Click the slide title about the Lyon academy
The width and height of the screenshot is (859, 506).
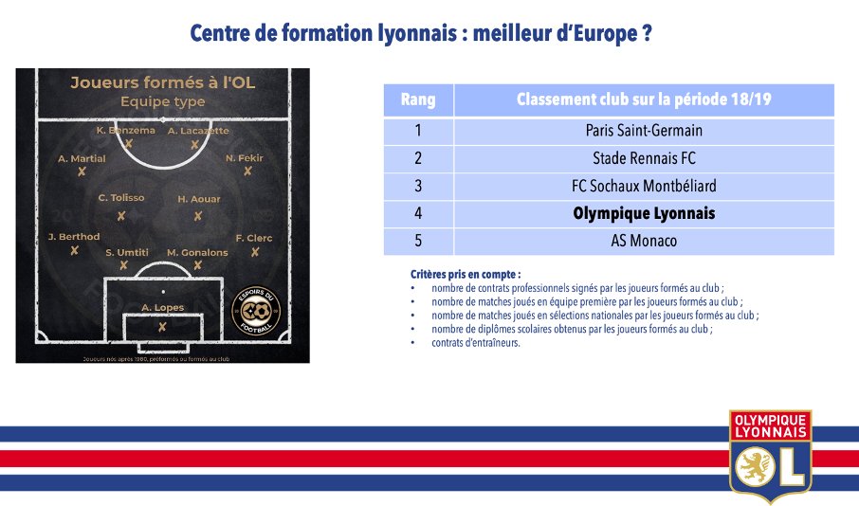tap(421, 33)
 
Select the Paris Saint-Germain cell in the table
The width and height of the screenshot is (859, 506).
tap(644, 131)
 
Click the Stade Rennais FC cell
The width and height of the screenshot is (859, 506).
tap(644, 158)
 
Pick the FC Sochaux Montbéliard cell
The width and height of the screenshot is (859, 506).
tap(644, 186)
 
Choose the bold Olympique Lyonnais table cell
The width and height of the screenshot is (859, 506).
tap(644, 213)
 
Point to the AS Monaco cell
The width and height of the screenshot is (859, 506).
tap(644, 241)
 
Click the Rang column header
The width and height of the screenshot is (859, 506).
tap(418, 99)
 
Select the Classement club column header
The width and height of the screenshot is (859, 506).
tap(644, 99)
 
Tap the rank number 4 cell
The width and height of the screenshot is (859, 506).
tap(418, 213)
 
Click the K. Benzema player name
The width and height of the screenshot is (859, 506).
tap(126, 131)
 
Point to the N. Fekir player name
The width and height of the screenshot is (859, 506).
tap(245, 157)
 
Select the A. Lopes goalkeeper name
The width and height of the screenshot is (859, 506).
tap(162, 307)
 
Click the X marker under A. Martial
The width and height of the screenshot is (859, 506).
tap(82, 172)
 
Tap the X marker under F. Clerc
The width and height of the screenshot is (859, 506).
tap(254, 252)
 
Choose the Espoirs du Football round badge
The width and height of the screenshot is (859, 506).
tap(256, 309)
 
